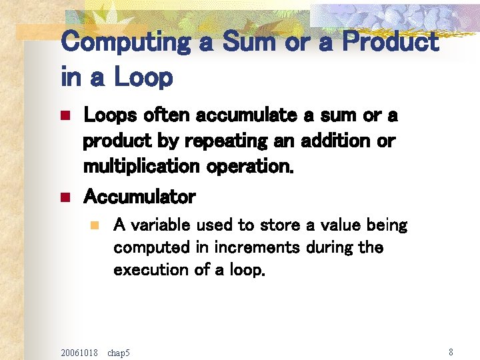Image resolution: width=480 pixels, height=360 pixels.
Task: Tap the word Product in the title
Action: tap(389, 43)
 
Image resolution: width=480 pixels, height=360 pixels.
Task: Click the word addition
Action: tap(329, 141)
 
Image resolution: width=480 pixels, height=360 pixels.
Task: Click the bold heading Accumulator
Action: tap(139, 197)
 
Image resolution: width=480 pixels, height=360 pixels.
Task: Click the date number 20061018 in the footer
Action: tap(79, 351)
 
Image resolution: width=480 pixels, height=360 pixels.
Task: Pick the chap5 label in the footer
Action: tap(119, 351)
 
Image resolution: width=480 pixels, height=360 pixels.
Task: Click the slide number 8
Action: tap(451, 351)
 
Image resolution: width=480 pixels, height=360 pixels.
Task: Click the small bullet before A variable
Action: tap(95, 225)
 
